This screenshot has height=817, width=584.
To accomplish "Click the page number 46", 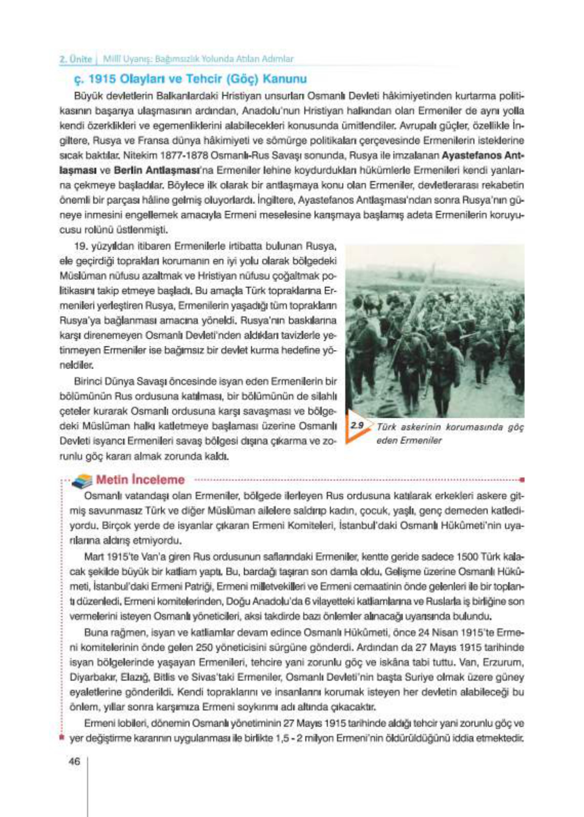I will [74, 761].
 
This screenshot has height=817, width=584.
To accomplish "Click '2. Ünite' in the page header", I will [76, 59].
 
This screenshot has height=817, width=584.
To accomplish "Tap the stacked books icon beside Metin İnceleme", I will [82, 481].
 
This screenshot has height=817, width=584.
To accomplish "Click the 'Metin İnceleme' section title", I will [140, 480].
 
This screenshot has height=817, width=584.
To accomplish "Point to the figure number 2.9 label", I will [357, 425].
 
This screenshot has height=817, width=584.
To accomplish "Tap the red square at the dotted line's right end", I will [522, 480].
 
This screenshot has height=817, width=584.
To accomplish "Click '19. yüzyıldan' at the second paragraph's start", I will [100, 246].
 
